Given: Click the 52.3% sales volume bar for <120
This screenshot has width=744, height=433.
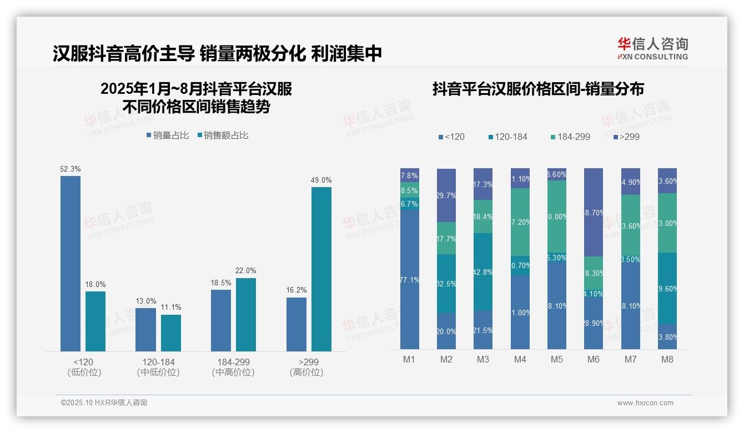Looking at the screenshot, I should click(x=70, y=263).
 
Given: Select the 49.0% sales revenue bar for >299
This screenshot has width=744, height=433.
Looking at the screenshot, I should click(x=321, y=269).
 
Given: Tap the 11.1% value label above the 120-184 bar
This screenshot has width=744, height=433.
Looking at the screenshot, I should click(x=171, y=307).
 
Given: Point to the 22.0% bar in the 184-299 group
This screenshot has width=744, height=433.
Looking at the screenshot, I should click(x=245, y=314).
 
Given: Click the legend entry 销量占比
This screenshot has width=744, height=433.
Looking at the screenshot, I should click(x=167, y=135).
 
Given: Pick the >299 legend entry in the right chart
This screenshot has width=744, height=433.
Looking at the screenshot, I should click(x=626, y=137).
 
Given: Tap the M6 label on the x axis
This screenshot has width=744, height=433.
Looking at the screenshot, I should click(x=594, y=359).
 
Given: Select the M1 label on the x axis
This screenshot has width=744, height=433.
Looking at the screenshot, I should click(x=409, y=359).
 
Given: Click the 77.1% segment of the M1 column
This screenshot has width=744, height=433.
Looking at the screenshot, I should click(x=410, y=279).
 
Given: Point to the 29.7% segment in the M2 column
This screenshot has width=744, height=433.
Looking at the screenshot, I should click(x=446, y=195).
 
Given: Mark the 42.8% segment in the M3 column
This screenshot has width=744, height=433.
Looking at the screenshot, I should click(x=483, y=271).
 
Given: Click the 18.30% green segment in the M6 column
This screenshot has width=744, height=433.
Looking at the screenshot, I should click(x=594, y=273).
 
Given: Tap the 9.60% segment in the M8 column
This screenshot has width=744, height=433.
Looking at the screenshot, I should click(x=667, y=289).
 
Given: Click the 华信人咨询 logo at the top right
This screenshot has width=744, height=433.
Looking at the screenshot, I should click(x=652, y=48).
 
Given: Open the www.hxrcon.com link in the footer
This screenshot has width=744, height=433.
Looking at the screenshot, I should click(x=645, y=403).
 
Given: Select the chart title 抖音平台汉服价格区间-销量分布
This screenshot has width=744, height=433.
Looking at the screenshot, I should click(x=538, y=89).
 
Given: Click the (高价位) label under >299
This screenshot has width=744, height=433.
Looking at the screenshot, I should click(x=306, y=372).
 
